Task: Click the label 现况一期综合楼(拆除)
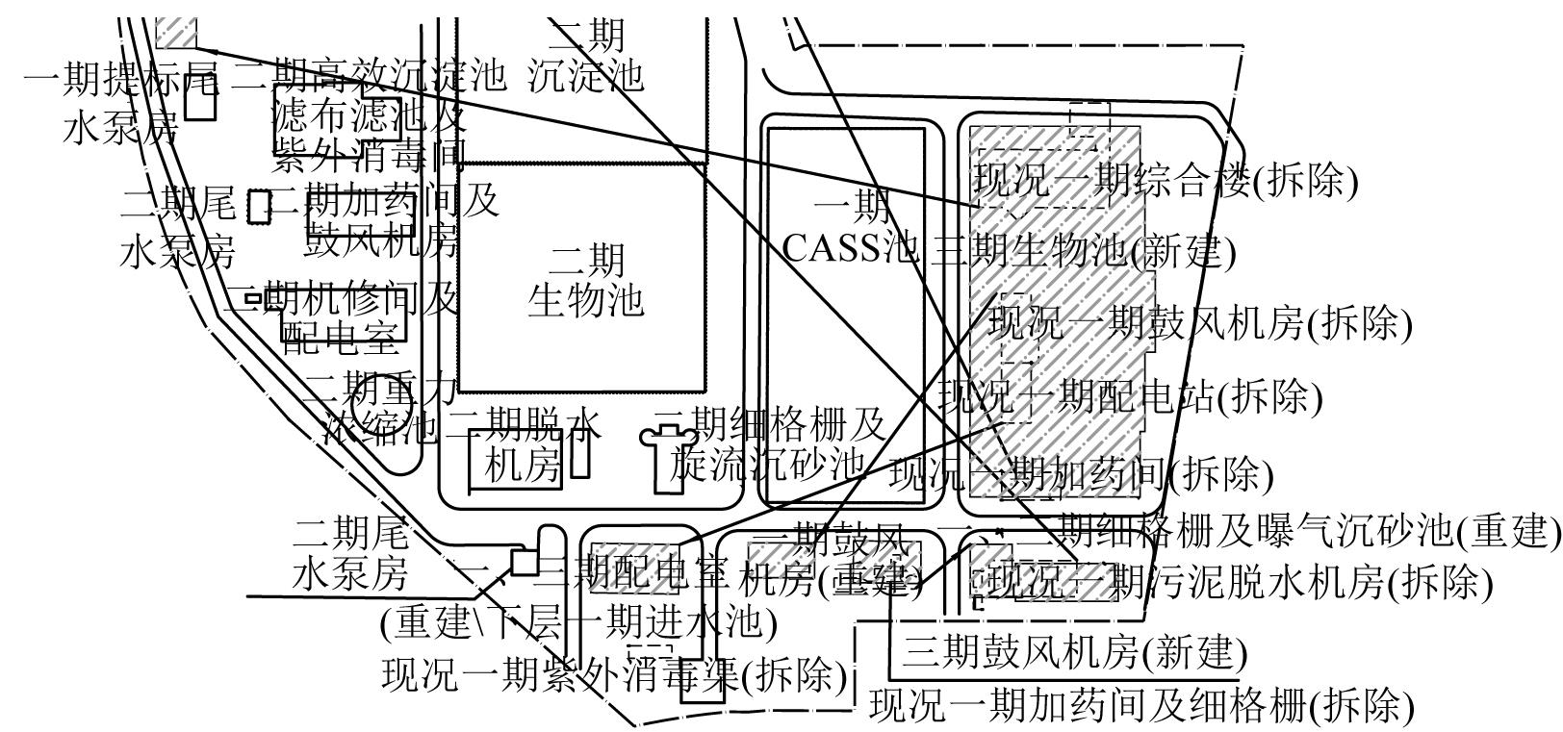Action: pyautogui.click(x=1166, y=181)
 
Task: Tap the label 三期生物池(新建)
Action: pyautogui.click(x=1083, y=251)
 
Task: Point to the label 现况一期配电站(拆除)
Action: pyautogui.click(x=1130, y=396)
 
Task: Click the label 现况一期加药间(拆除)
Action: pyautogui.click(x=1081, y=473)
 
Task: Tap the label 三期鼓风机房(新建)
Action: pyautogui.click(x=1074, y=653)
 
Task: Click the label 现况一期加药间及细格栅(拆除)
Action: pyautogui.click(x=1141, y=705)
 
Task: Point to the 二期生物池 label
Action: pyautogui.click(x=585, y=280)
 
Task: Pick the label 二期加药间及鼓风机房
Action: pyautogui.click(x=385, y=221)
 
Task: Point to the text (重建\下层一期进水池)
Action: pyautogui.click(x=578, y=623)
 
